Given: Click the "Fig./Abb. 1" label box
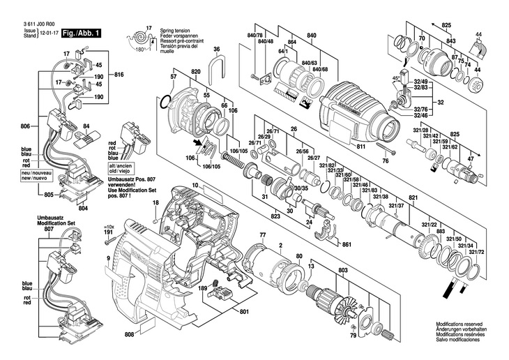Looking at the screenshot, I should click(82, 33).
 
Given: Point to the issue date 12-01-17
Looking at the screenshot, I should click(48, 33).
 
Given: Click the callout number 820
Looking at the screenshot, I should click(196, 73).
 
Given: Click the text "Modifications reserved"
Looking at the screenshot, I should click(459, 324).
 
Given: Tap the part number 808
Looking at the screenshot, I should click(129, 335).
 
